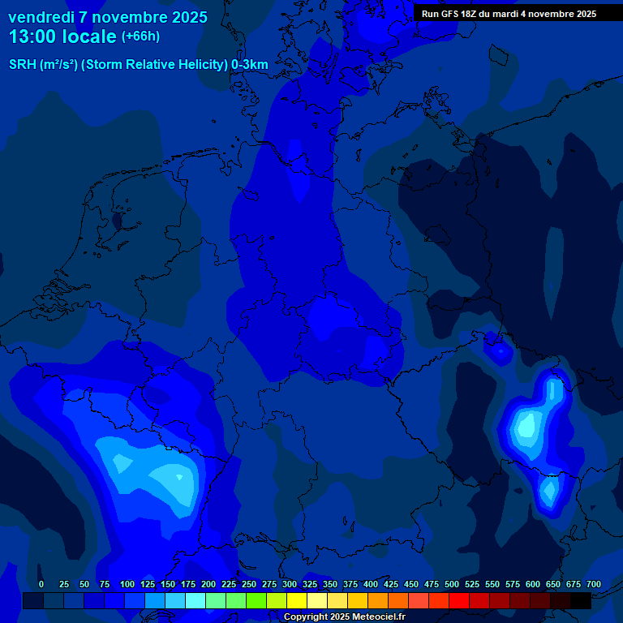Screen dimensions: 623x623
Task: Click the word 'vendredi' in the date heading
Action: tap(41, 17)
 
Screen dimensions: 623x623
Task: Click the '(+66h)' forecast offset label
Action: tap(140, 37)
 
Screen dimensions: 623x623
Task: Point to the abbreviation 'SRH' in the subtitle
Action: tap(22, 65)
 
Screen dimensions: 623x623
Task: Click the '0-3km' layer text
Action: tap(250, 65)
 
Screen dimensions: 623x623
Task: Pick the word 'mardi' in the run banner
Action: tap(516, 14)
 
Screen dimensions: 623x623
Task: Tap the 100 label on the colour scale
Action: tap(127, 584)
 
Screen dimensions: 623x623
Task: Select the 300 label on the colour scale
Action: tap(290, 584)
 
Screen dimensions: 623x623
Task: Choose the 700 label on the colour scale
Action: tap(594, 584)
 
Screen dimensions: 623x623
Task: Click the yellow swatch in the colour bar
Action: tap(297, 600)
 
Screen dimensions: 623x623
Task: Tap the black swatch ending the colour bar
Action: tap(581, 600)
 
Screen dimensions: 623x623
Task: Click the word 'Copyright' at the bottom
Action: tap(307, 617)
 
